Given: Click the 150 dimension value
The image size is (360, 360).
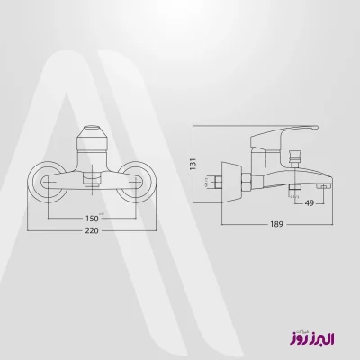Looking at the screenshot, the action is coord(92,218).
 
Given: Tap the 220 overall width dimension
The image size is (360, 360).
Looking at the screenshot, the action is coord(92,230).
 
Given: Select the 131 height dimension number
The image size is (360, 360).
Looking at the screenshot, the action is coord(193,164).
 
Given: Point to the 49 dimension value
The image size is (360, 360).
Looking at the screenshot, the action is coord(310,203).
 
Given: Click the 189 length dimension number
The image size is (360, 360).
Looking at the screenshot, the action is coord(276,224).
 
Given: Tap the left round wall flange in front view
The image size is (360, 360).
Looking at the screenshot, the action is coord(48,182).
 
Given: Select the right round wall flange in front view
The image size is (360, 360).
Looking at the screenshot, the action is coord(137,182).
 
